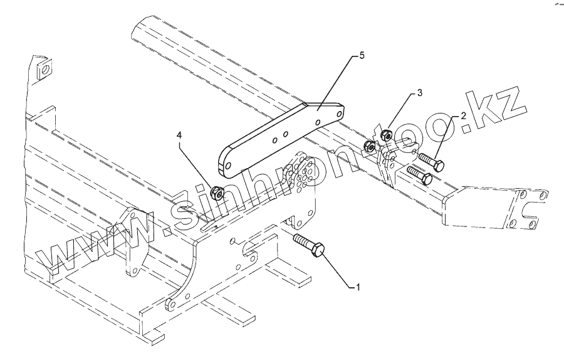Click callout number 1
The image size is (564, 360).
pos(358,287)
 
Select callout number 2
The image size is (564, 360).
pos(464,116)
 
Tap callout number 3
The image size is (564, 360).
pos(420,93)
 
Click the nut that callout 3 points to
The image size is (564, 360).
pos(388,134)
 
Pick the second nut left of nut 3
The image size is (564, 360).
pos(370,147)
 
